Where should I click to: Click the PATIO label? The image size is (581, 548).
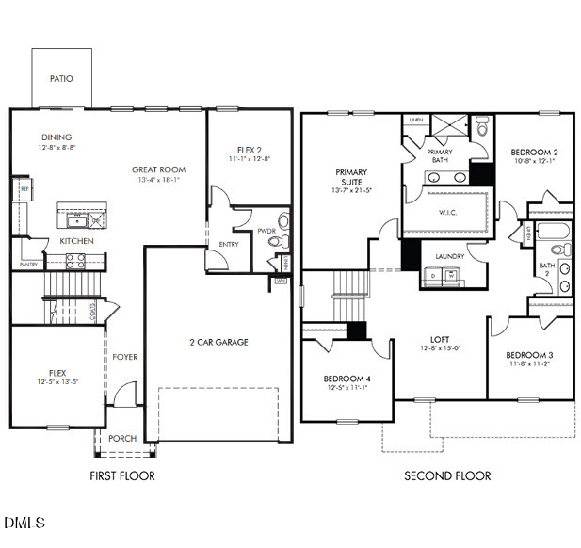(x=61, y=79)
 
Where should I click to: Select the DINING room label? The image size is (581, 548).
(x=56, y=137)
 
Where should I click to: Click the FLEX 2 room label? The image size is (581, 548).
(x=249, y=150)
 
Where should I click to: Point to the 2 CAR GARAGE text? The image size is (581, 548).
(x=219, y=342)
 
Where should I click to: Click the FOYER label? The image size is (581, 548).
(x=125, y=357)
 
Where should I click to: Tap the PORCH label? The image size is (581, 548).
(x=121, y=439)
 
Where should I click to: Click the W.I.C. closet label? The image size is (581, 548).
(x=448, y=212)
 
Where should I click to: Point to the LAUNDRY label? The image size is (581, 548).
(x=449, y=256)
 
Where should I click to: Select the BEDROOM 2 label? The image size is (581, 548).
(x=534, y=152)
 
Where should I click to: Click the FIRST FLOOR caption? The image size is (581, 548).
(x=121, y=475)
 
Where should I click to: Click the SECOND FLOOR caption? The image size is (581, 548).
(x=447, y=475)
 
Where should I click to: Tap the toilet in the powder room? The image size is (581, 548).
(x=277, y=241)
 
